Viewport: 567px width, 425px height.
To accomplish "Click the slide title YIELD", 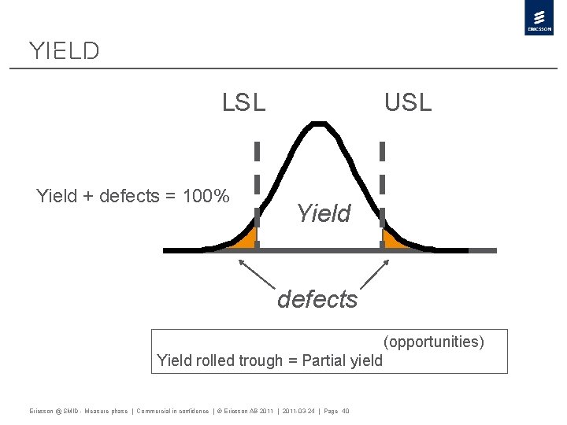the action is point(64,51).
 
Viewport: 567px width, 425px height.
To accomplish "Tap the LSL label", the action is point(244,102).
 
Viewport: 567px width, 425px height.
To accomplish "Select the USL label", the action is point(408,102).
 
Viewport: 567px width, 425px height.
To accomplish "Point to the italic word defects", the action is point(317,299).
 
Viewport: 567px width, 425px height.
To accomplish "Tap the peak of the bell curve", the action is point(317,124).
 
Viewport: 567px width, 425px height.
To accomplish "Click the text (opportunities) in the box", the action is point(434,342).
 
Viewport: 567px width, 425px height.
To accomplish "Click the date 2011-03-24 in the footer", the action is point(298,411).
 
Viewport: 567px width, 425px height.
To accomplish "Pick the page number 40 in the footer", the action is point(346,411).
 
